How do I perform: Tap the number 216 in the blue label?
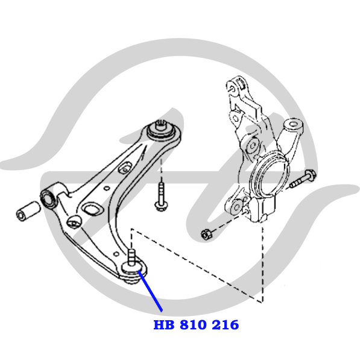[x=226, y=325]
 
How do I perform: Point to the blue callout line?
[x=150, y=291]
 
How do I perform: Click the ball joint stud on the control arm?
[x=131, y=257]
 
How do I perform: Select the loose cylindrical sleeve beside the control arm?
[x=28, y=211]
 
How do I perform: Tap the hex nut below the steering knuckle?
[x=206, y=234]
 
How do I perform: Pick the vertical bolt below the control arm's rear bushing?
[x=162, y=197]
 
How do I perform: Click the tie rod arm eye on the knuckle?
[x=293, y=126]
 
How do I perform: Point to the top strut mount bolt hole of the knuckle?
[x=232, y=88]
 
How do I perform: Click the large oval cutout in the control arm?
[x=92, y=209]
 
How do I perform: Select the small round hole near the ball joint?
[x=116, y=254]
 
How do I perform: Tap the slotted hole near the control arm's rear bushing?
[x=125, y=167]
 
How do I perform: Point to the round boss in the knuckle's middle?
[x=253, y=145]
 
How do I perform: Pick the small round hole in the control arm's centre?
[x=107, y=188]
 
